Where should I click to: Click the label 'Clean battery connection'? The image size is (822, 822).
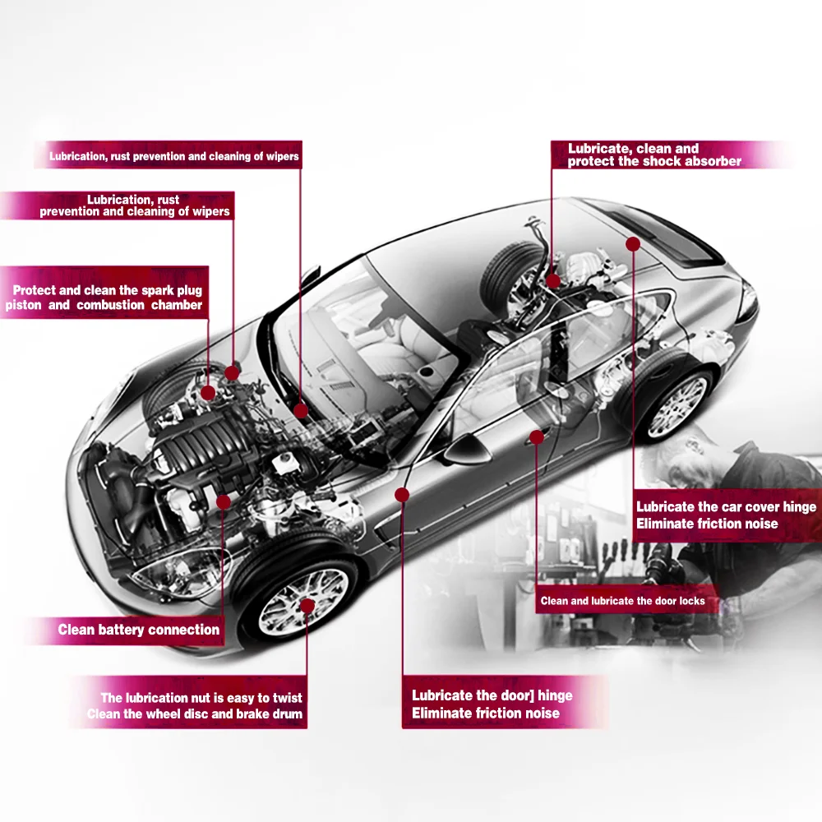pos(138,630)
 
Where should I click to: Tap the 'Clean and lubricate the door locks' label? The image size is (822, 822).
pos(622,601)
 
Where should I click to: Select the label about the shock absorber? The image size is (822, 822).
pos(654,155)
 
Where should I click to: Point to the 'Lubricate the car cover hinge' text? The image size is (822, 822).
pos(726,507)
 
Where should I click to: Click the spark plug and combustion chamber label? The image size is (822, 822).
pos(104,298)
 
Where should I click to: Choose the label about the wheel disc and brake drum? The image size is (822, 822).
pos(196,706)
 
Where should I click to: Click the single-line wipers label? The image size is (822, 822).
pos(173,156)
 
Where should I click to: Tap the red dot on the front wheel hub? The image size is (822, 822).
pos(307,607)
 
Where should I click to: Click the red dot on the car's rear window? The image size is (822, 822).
pos(633,244)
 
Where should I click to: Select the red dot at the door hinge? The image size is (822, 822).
pos(402,494)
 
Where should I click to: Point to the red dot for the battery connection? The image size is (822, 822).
pos(223,501)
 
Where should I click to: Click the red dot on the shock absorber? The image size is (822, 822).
pos(553,281)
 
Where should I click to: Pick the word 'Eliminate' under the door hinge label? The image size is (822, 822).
pos(441,713)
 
